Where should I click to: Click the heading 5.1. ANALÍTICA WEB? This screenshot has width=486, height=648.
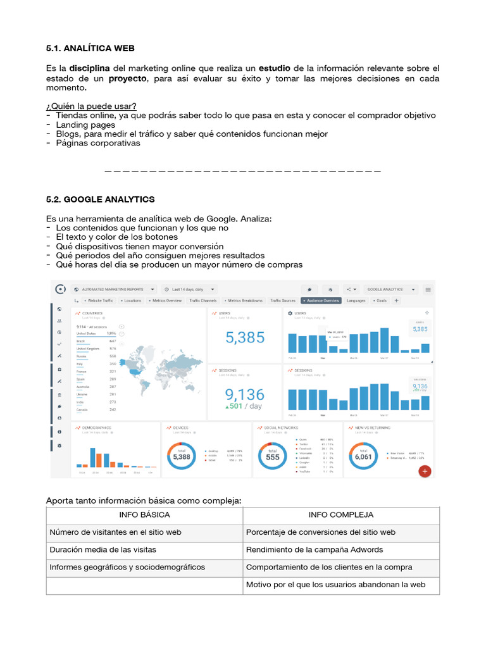(x=90, y=48)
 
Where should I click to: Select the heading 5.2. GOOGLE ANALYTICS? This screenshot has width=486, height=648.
(x=100, y=199)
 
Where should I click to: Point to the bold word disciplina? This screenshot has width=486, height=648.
(x=89, y=68)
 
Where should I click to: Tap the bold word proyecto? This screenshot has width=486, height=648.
(x=127, y=78)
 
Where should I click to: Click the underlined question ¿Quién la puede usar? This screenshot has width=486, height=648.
(x=91, y=106)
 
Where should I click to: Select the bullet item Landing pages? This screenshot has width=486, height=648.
(x=85, y=125)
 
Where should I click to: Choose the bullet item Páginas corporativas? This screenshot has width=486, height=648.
(x=98, y=143)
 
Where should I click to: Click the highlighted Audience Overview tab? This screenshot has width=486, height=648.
(x=321, y=301)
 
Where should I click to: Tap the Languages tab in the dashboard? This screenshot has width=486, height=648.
(x=356, y=301)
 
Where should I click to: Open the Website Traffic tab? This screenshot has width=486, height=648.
(x=98, y=301)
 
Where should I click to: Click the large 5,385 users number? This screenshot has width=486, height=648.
(x=245, y=338)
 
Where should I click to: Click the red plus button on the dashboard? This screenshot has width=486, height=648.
(x=425, y=471)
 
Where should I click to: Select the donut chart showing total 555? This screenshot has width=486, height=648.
(x=272, y=456)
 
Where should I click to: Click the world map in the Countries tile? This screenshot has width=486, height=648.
(x=161, y=364)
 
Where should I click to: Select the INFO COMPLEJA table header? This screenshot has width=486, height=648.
(x=340, y=515)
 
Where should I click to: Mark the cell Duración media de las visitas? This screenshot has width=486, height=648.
(x=103, y=550)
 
